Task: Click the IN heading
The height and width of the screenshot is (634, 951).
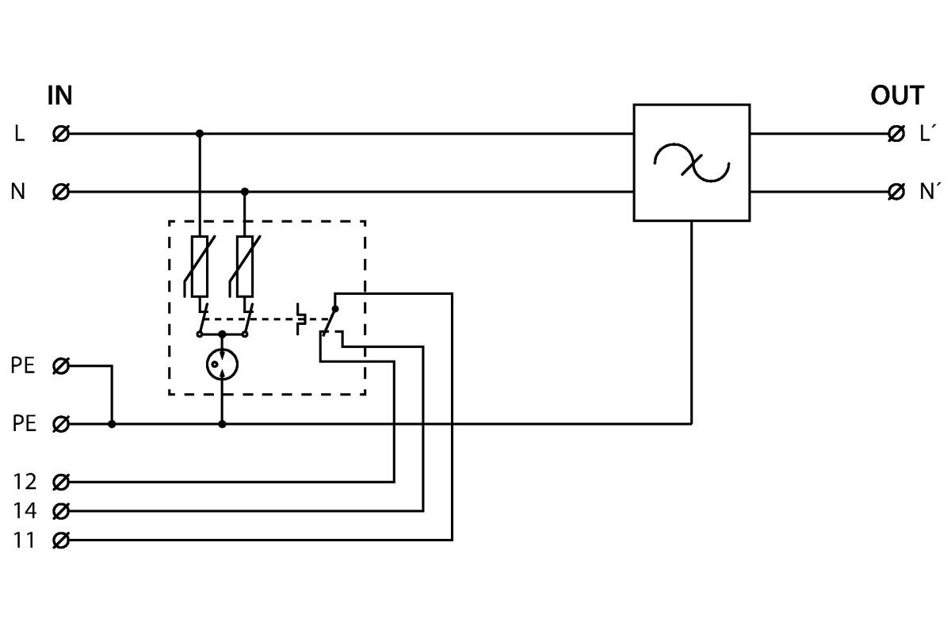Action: pyautogui.click(x=59, y=97)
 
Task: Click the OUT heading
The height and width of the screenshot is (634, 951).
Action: pyautogui.click(x=896, y=97)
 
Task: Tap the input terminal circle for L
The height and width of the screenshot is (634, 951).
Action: pyautogui.click(x=60, y=134)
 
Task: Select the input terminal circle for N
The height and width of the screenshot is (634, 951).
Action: pyautogui.click(x=60, y=192)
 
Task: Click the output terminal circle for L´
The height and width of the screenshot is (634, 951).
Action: pyautogui.click(x=897, y=134)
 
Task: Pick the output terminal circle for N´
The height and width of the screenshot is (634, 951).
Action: pyautogui.click(x=897, y=192)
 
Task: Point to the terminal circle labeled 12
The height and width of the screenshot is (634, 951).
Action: pyautogui.click(x=60, y=481)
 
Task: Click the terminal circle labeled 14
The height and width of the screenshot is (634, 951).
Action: pyautogui.click(x=60, y=510)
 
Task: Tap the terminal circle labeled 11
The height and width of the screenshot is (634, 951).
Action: pyautogui.click(x=60, y=540)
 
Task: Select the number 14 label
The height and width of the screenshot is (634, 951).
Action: pyautogui.click(x=25, y=510)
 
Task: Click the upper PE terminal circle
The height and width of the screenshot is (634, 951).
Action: pyautogui.click(x=60, y=366)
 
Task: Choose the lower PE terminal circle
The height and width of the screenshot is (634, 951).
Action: pyautogui.click(x=60, y=424)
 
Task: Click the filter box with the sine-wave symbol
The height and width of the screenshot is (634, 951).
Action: pyautogui.click(x=691, y=162)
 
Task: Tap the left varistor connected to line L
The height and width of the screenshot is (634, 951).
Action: pyautogui.click(x=200, y=265)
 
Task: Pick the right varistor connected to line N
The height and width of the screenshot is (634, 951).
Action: pyautogui.click(x=245, y=265)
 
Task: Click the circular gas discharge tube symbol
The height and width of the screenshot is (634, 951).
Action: pyautogui.click(x=222, y=365)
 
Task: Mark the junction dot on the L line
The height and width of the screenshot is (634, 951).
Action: pyautogui.click(x=200, y=134)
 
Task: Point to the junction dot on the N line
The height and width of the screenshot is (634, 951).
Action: pyautogui.click(x=245, y=192)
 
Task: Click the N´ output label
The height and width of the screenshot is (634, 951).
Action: pyautogui.click(x=929, y=192)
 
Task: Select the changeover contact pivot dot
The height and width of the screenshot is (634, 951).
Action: pyautogui.click(x=335, y=309)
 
